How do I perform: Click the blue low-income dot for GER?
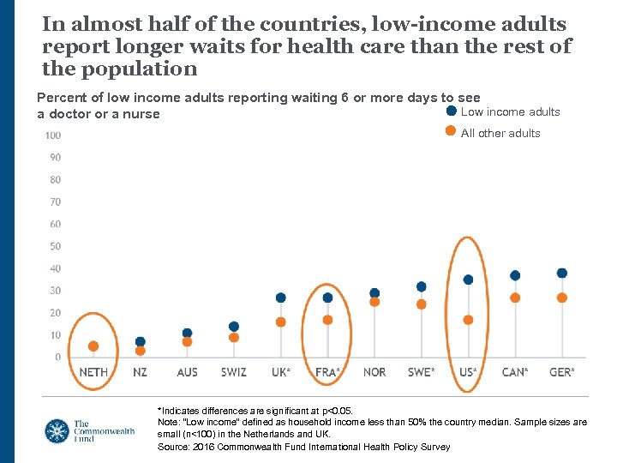(562, 274)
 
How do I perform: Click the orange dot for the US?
(468, 320)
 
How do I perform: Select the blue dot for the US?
(468, 280)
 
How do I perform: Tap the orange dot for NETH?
(93, 346)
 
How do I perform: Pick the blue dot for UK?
(280, 298)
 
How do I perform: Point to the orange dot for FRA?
(327, 320)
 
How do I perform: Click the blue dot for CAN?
(515, 275)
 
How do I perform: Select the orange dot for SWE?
(421, 304)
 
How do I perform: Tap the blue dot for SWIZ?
(234, 327)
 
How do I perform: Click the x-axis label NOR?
(374, 372)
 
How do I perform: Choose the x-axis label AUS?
(187, 372)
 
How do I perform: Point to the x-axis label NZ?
(141, 372)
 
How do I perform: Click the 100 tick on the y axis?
(52, 135)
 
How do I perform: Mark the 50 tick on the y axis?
(55, 247)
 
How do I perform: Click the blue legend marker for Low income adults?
(452, 111)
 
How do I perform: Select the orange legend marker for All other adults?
(452, 131)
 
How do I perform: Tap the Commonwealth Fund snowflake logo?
(57, 430)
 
